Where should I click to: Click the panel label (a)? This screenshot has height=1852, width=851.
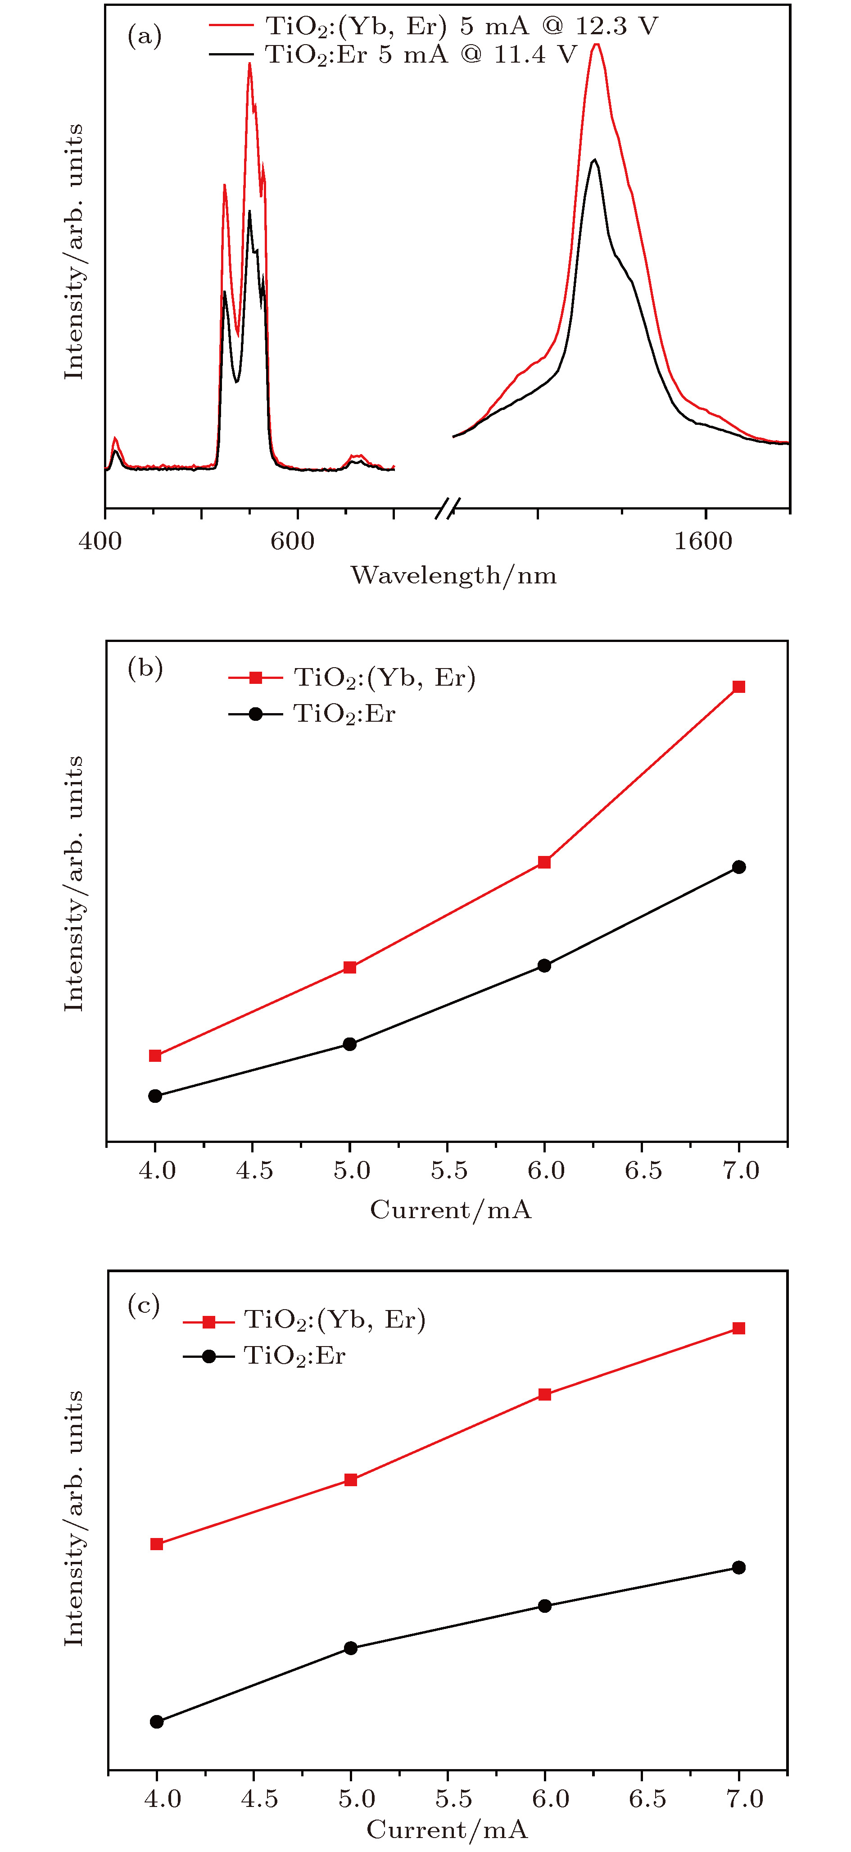[x=145, y=35]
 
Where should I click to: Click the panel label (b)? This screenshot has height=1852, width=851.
[x=145, y=668]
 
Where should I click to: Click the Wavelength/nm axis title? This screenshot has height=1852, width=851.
[x=453, y=575]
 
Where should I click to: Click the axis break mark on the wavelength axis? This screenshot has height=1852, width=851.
[x=447, y=508]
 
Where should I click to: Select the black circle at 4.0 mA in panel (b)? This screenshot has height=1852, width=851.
[x=155, y=1097]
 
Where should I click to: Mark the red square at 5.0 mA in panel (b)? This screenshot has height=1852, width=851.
[x=350, y=968]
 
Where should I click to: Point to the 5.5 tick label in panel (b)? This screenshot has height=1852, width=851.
[x=449, y=1170]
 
